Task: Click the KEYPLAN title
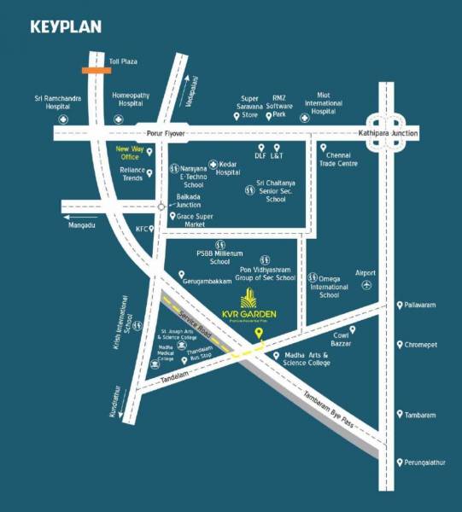[x=66, y=26]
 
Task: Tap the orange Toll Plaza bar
[x=96, y=70]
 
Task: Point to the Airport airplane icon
[x=367, y=285]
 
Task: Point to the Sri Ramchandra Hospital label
[x=57, y=102]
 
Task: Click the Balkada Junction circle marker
[x=161, y=206]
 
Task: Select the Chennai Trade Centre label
[x=341, y=159]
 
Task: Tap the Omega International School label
[x=330, y=286]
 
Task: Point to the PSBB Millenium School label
[x=219, y=258]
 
